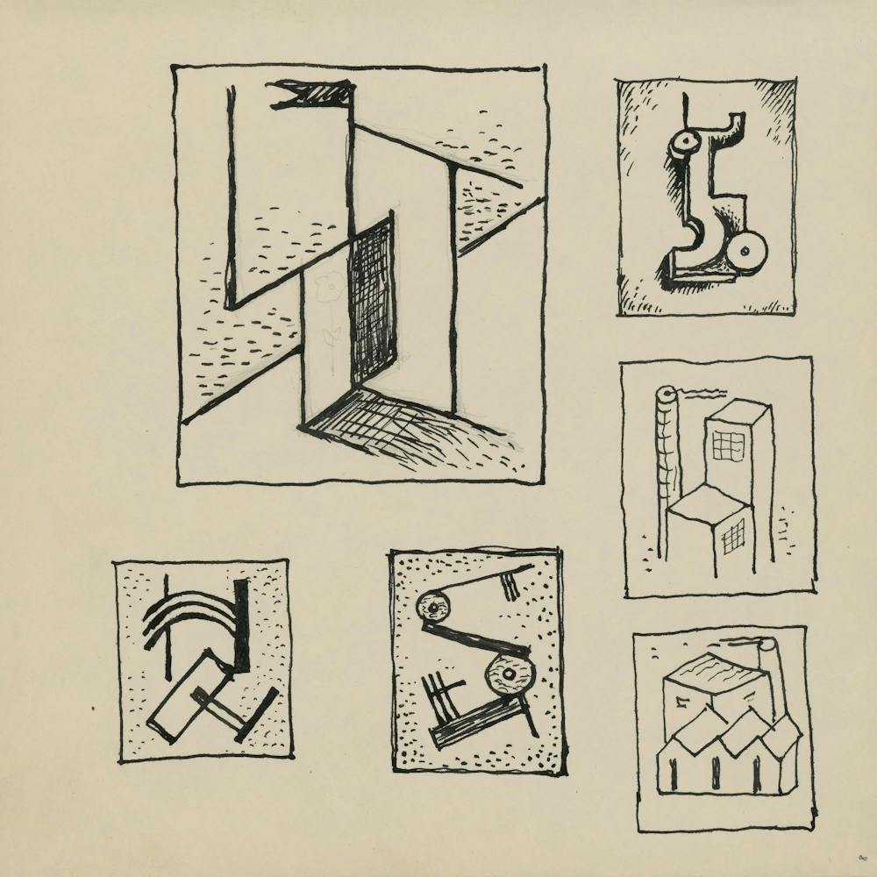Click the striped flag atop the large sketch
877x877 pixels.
[311, 93]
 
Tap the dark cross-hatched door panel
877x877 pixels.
[372, 298]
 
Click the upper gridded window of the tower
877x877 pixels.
[727, 444]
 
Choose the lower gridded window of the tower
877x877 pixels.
[733, 533]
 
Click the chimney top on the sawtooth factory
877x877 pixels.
[768, 645]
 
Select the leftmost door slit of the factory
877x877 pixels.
[674, 774]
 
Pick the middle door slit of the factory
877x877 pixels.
[717, 773]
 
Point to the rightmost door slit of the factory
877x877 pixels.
[757, 774]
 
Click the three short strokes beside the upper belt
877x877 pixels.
[510, 585]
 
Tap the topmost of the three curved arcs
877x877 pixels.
[189, 600]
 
